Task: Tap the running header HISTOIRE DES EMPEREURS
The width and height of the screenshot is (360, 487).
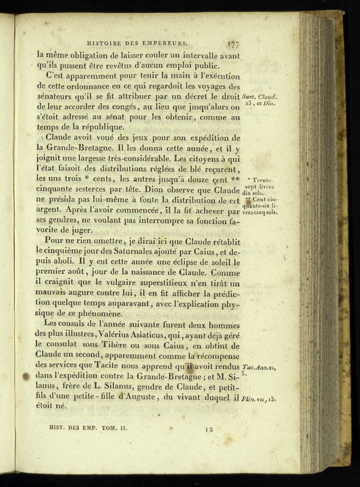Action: tap(137, 42)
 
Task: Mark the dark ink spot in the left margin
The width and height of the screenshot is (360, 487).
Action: tap(26, 377)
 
